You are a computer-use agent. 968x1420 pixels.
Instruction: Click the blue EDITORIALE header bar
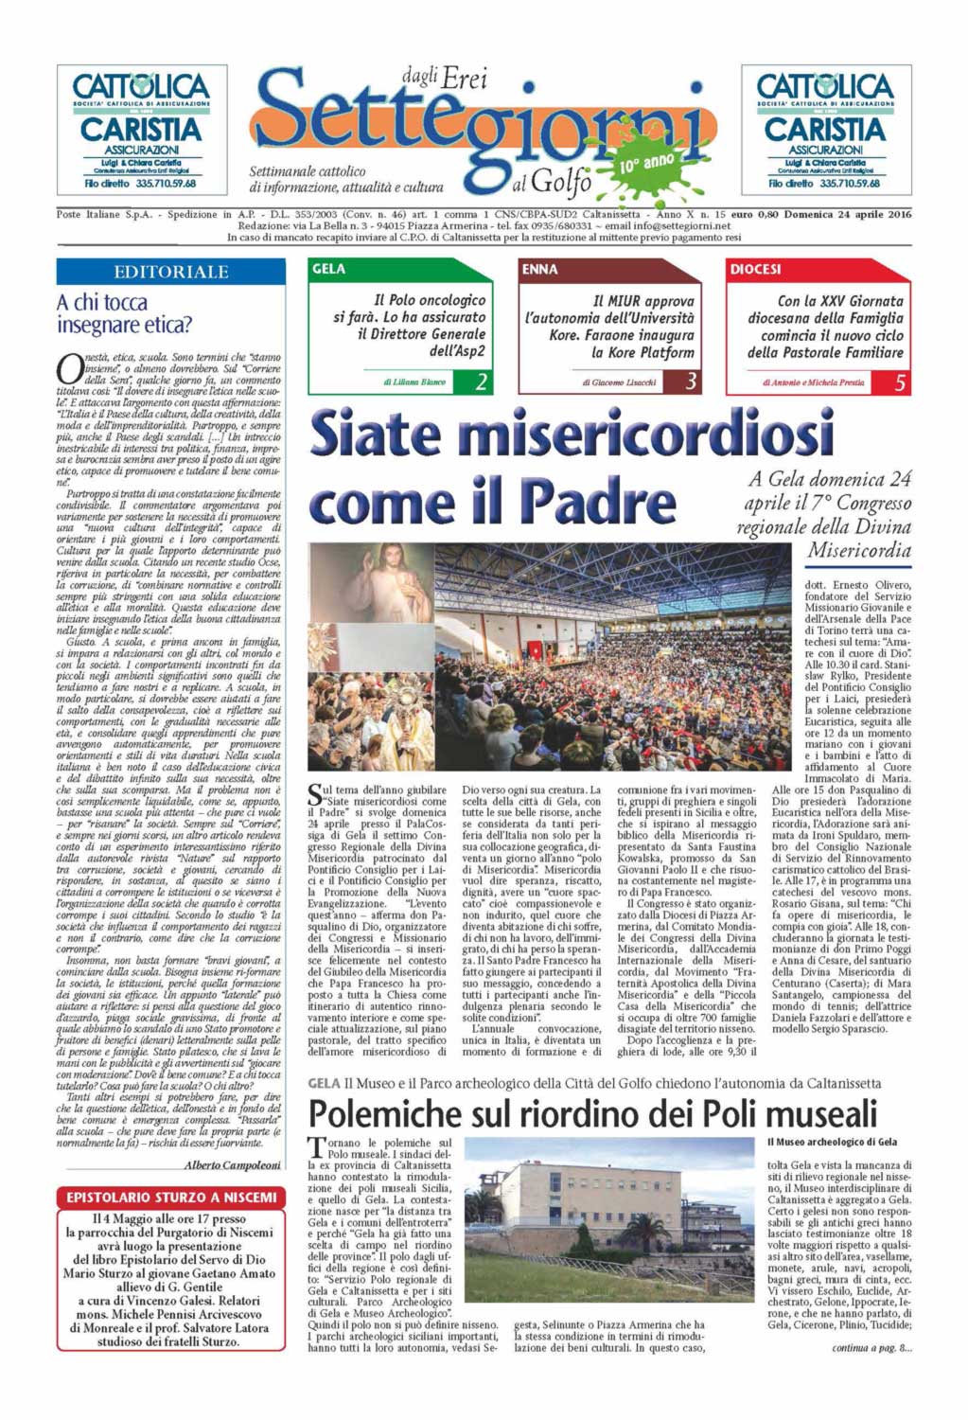tap(171, 272)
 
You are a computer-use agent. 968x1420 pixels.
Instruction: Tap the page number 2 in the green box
tap(482, 382)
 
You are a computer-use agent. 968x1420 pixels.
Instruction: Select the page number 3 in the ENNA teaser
tap(692, 382)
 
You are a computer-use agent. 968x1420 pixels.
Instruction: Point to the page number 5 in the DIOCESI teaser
tap(900, 382)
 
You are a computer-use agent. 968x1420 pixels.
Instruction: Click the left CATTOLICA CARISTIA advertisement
tap(142, 130)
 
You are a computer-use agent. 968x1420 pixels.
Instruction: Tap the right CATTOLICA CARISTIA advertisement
tap(825, 130)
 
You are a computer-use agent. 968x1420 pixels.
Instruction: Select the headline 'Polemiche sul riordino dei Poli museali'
tap(592, 1112)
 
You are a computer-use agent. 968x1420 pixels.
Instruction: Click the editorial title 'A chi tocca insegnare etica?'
tap(124, 313)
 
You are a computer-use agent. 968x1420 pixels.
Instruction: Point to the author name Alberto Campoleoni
tap(232, 1164)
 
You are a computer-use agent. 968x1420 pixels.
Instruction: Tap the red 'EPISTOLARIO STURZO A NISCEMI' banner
tap(171, 1198)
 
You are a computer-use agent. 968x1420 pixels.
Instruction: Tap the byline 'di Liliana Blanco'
tap(415, 382)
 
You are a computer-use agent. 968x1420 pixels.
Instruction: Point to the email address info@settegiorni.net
tap(668, 226)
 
